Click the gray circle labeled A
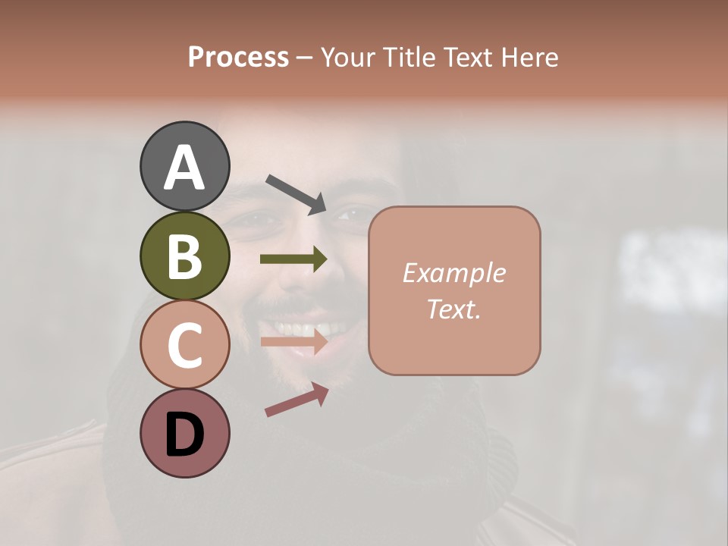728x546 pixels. point(184,166)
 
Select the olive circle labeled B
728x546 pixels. point(184,256)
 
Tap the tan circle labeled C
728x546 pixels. point(184,344)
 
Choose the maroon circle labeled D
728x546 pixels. point(184,433)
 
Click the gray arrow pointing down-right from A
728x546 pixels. point(296,193)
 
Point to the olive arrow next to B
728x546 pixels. point(293,259)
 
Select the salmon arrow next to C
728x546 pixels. point(293,342)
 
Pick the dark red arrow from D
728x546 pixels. point(297,400)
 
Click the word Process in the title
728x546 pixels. point(238,57)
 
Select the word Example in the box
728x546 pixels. point(453,273)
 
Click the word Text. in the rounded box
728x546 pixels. point(453,309)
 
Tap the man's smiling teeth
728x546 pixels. point(303,329)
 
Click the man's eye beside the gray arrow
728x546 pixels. point(350,215)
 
